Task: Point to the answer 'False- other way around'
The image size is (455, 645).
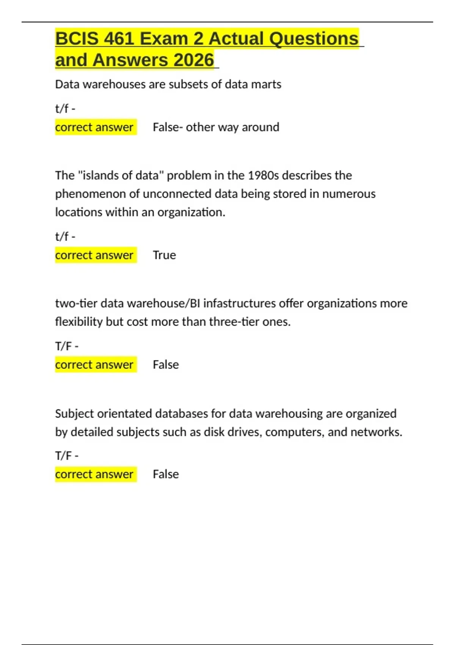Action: click(216, 127)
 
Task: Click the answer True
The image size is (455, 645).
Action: click(164, 255)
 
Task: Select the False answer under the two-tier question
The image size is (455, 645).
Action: click(166, 365)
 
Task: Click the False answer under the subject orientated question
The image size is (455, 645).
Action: click(166, 474)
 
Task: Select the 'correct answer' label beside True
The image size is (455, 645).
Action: click(94, 255)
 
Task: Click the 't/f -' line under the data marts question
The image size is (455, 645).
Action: click(65, 109)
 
